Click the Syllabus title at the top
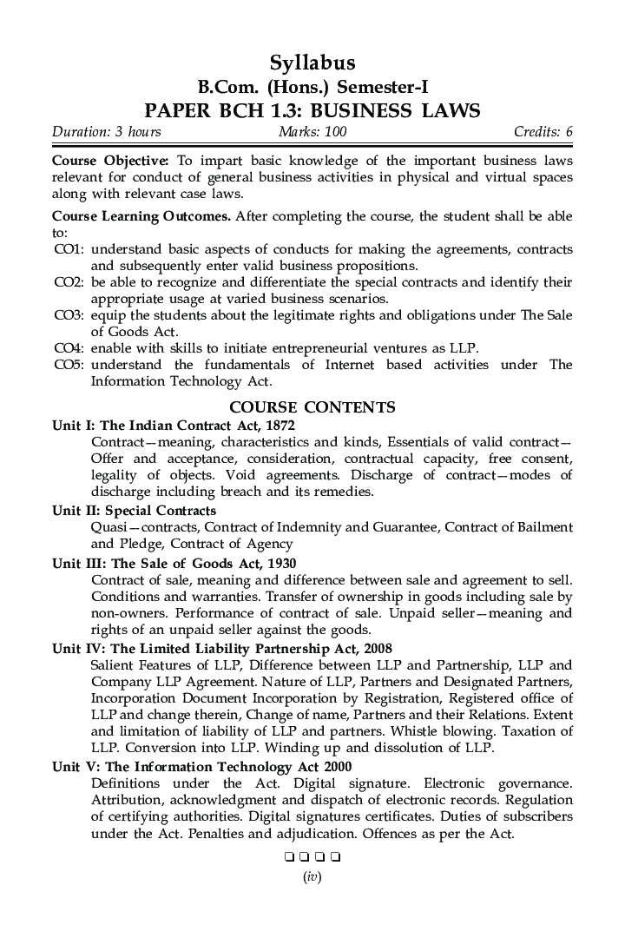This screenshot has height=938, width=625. coord(312,63)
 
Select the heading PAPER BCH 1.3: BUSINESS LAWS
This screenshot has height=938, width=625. coord(312,110)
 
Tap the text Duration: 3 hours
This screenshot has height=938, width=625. coord(107,132)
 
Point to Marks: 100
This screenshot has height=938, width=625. coord(312,132)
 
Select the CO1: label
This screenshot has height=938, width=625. coord(69,249)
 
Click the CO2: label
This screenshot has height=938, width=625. coord(69,282)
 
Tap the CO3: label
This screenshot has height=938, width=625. coord(69,315)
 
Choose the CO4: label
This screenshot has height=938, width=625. coord(69,348)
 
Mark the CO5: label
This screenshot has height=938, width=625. coord(69,365)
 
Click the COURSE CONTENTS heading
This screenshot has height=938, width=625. coord(312,407)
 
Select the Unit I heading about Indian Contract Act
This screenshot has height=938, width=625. coord(174,426)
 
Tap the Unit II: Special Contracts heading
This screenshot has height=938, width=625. coord(135,511)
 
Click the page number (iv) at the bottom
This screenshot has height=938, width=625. coord(312,878)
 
